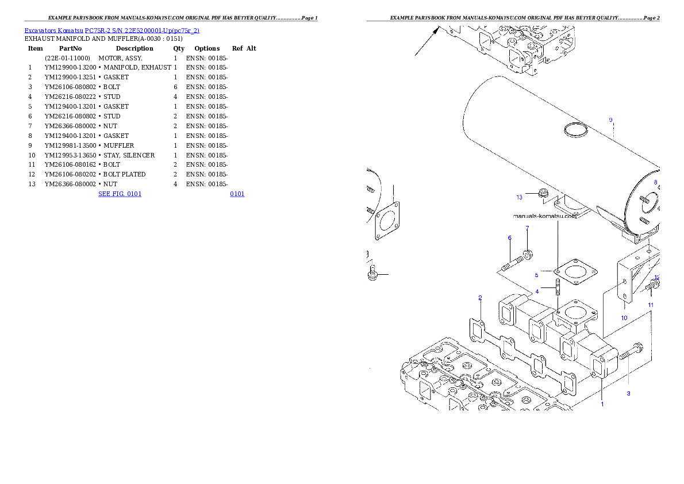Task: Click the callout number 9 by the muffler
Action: (610, 120)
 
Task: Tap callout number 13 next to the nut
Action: (519, 197)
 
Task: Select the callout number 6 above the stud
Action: (509, 237)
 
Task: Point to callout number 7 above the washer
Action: (527, 228)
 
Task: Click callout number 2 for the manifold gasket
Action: (480, 298)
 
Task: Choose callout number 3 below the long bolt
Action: (628, 393)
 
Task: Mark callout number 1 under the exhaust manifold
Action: (602, 404)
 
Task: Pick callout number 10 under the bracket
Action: (624, 317)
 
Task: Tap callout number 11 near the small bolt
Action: (651, 304)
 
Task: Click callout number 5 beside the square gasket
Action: (536, 275)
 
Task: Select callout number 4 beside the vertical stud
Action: (537, 291)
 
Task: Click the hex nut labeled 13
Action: (543, 194)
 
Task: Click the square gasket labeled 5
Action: (575, 271)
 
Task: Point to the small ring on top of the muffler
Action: (575, 131)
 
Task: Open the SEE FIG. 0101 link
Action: (120, 194)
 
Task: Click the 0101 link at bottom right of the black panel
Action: (237, 194)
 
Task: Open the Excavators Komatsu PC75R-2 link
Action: (112, 30)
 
